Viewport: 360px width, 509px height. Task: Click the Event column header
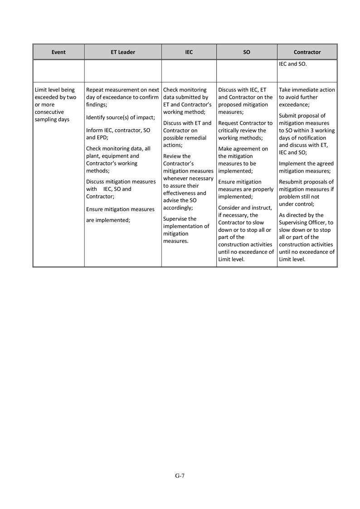58,52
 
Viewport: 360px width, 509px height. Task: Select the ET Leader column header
123,52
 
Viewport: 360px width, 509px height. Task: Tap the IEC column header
189,52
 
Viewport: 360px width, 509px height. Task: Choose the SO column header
247,52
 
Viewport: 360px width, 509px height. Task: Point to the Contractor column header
307,52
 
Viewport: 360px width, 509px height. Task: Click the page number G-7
180,475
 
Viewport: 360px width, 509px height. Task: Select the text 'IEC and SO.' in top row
293,64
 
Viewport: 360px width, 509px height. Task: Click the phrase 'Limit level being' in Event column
55,90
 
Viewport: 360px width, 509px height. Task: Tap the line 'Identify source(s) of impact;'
121,117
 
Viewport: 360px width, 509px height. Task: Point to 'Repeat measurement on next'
122,90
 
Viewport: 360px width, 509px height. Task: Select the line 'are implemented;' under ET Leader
108,220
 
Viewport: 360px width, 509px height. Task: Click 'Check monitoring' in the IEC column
185,90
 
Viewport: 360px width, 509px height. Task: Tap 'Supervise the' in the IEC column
180,219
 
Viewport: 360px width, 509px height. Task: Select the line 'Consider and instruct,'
245,208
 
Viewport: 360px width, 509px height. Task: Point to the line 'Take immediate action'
307,90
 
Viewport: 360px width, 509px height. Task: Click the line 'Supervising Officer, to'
306,223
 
